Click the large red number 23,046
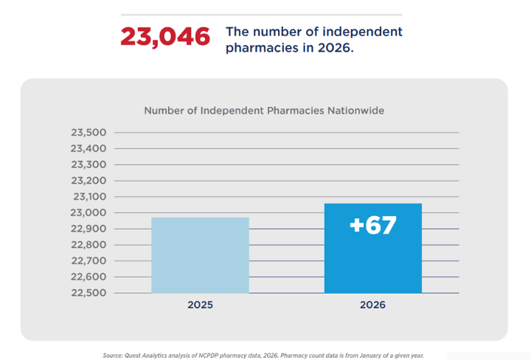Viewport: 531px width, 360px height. click(165, 36)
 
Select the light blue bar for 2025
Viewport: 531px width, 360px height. click(200, 255)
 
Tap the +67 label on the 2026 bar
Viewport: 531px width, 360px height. click(373, 225)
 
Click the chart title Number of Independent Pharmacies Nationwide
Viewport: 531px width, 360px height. click(264, 111)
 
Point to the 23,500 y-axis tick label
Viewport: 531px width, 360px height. click(88, 133)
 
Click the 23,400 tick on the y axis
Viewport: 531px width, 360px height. click(88, 149)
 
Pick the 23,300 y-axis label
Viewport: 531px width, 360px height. click(88, 165)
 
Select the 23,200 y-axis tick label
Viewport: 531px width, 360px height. click(88, 181)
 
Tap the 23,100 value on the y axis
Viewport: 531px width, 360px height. click(88, 197)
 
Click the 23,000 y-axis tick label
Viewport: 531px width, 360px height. click(88, 213)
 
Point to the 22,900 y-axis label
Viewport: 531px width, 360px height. click(88, 229)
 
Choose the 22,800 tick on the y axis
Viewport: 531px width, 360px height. click(88, 245)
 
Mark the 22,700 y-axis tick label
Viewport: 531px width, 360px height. click(88, 261)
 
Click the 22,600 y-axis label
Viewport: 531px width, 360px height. click(88, 277)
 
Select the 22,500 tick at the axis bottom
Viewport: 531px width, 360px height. click(88, 293)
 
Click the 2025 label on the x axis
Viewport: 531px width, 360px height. click(200, 304)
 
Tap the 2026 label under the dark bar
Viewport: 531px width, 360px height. click(373, 304)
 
